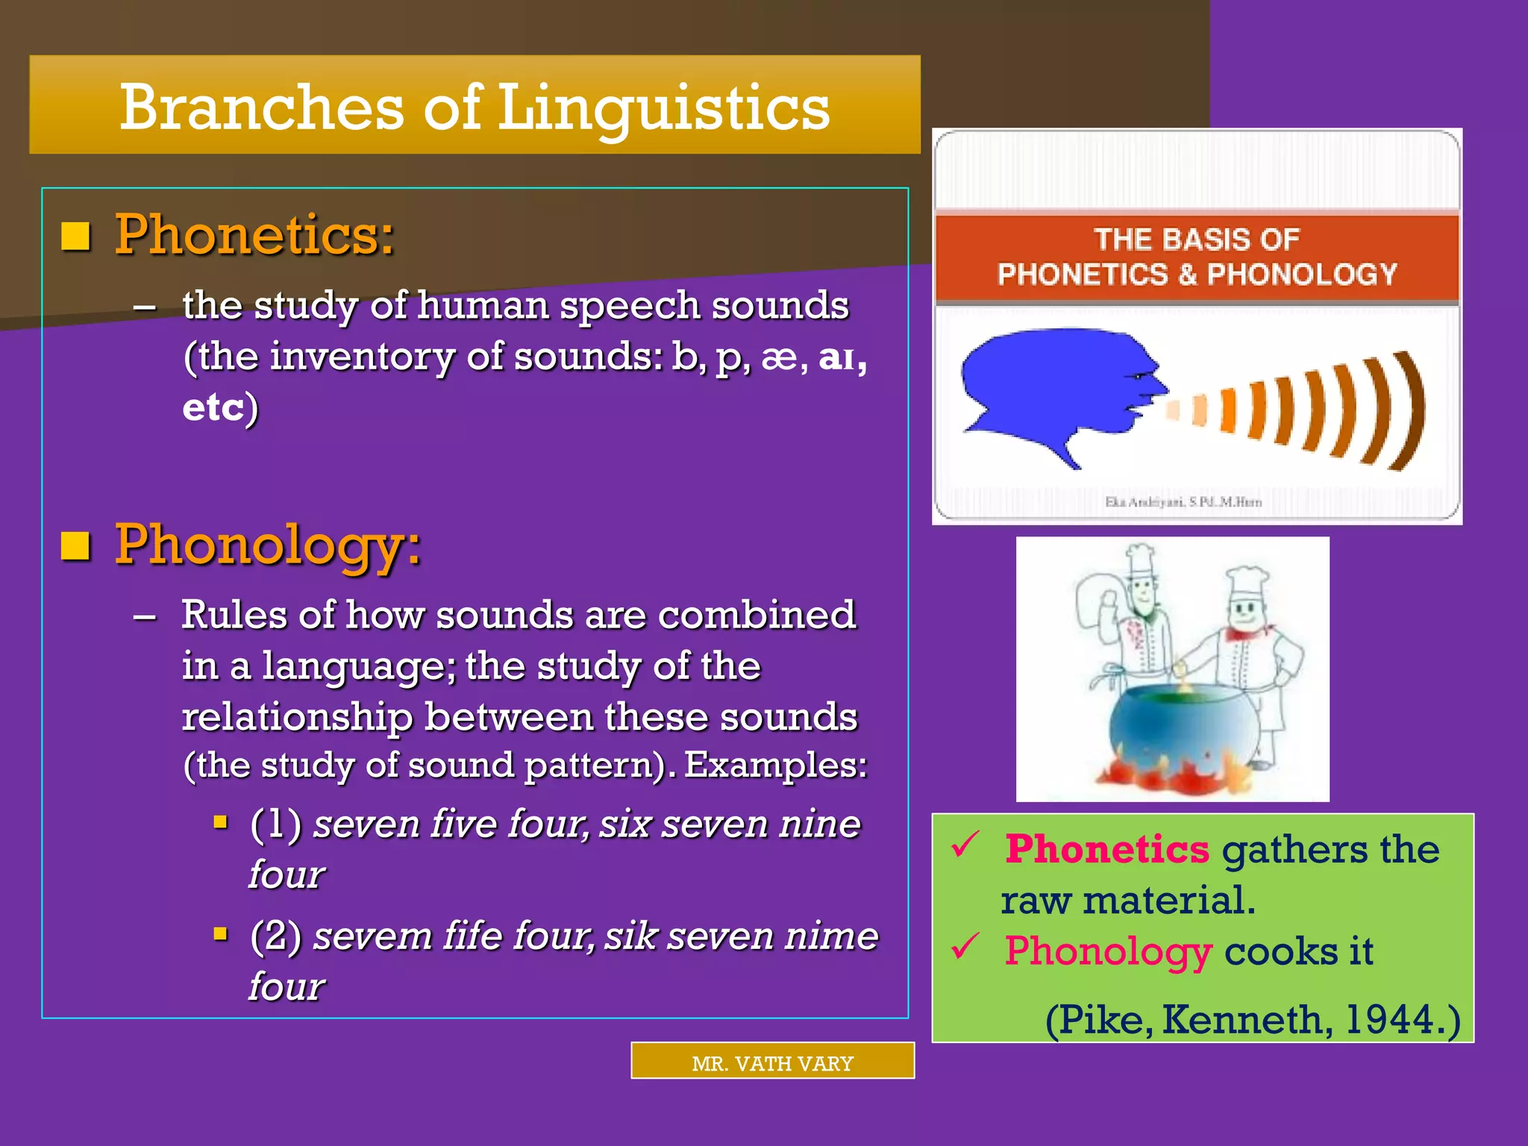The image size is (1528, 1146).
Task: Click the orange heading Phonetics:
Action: pyautogui.click(x=254, y=235)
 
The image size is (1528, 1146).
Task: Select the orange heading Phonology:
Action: pyautogui.click(x=268, y=545)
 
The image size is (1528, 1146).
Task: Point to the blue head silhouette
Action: pyautogui.click(x=1052, y=388)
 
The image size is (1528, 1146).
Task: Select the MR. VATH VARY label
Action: pyautogui.click(x=772, y=1062)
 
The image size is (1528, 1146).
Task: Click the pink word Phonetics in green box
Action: pyautogui.click(x=1106, y=850)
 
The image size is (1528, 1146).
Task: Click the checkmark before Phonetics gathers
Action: pyautogui.click(x=965, y=845)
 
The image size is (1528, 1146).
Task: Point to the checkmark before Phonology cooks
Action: pyautogui.click(x=965, y=948)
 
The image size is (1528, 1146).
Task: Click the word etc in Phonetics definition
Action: pyautogui.click(x=213, y=408)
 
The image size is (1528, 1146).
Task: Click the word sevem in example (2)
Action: pyautogui.click(x=372, y=936)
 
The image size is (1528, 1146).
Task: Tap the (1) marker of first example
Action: pyautogui.click(x=275, y=824)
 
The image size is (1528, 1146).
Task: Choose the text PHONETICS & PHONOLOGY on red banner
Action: pyautogui.click(x=1197, y=275)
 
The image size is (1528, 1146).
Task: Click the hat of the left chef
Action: pyautogui.click(x=1139, y=560)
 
